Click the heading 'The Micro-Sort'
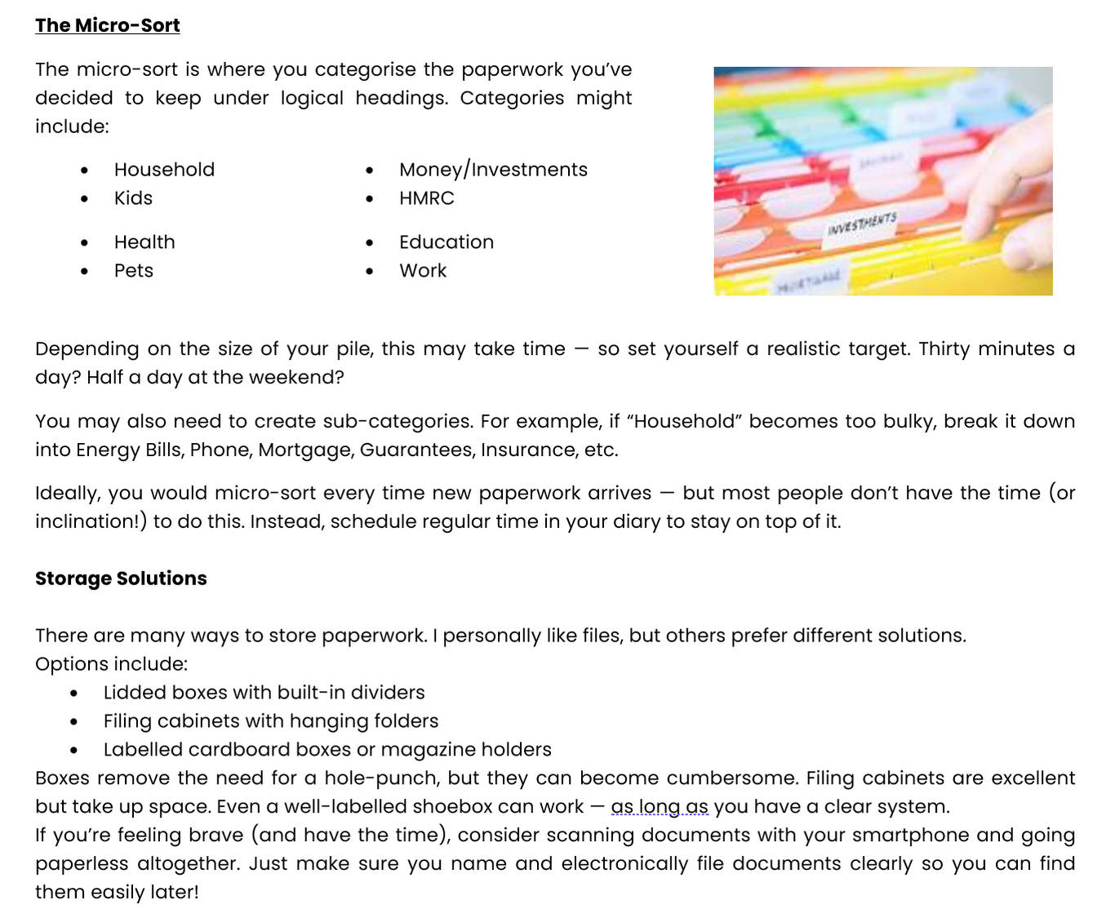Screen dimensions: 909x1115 coord(108,25)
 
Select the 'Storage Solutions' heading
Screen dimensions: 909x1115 coord(121,579)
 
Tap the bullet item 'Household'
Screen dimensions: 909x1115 coord(164,170)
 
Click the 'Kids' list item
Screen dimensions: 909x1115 coord(133,198)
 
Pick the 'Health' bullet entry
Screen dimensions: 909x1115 coord(144,242)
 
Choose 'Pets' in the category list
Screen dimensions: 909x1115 coord(134,271)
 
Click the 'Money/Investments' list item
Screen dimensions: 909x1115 coord(493,170)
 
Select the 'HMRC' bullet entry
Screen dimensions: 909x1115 coord(426,198)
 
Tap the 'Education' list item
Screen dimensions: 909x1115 coord(446,242)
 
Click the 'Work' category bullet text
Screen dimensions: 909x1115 coord(423,271)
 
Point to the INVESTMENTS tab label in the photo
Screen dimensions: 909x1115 coord(861,224)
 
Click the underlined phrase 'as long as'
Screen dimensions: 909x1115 coord(660,807)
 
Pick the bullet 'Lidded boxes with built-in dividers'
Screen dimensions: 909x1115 coord(264,693)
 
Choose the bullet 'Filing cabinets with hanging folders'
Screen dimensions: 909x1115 coord(271,721)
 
